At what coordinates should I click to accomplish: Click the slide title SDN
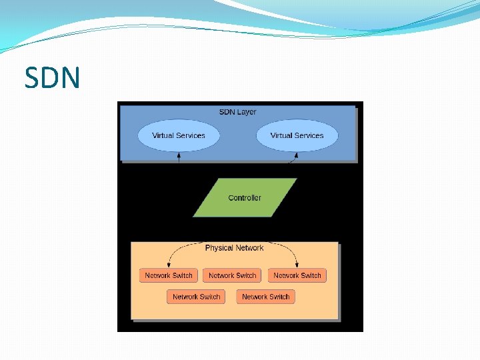(52, 78)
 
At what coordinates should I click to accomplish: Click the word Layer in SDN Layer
(247, 112)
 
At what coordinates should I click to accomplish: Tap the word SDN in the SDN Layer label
(227, 112)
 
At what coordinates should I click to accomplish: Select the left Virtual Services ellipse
(178, 135)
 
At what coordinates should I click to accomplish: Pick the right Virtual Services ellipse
(297, 135)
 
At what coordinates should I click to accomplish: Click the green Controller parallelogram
(245, 197)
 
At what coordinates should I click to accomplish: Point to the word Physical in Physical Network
(219, 248)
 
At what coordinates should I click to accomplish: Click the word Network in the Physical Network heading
(249, 248)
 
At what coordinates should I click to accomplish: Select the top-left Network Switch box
(169, 275)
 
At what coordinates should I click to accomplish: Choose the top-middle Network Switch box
(232, 275)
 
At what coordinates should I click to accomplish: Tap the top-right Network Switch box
(297, 275)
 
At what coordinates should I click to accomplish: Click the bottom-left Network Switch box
(196, 297)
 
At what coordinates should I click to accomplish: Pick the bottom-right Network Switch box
(265, 297)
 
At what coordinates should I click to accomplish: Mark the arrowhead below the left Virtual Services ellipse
(178, 155)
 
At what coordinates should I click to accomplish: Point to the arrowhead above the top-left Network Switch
(169, 265)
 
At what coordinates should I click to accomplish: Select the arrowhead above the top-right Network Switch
(297, 265)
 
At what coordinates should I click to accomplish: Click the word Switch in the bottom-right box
(279, 297)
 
